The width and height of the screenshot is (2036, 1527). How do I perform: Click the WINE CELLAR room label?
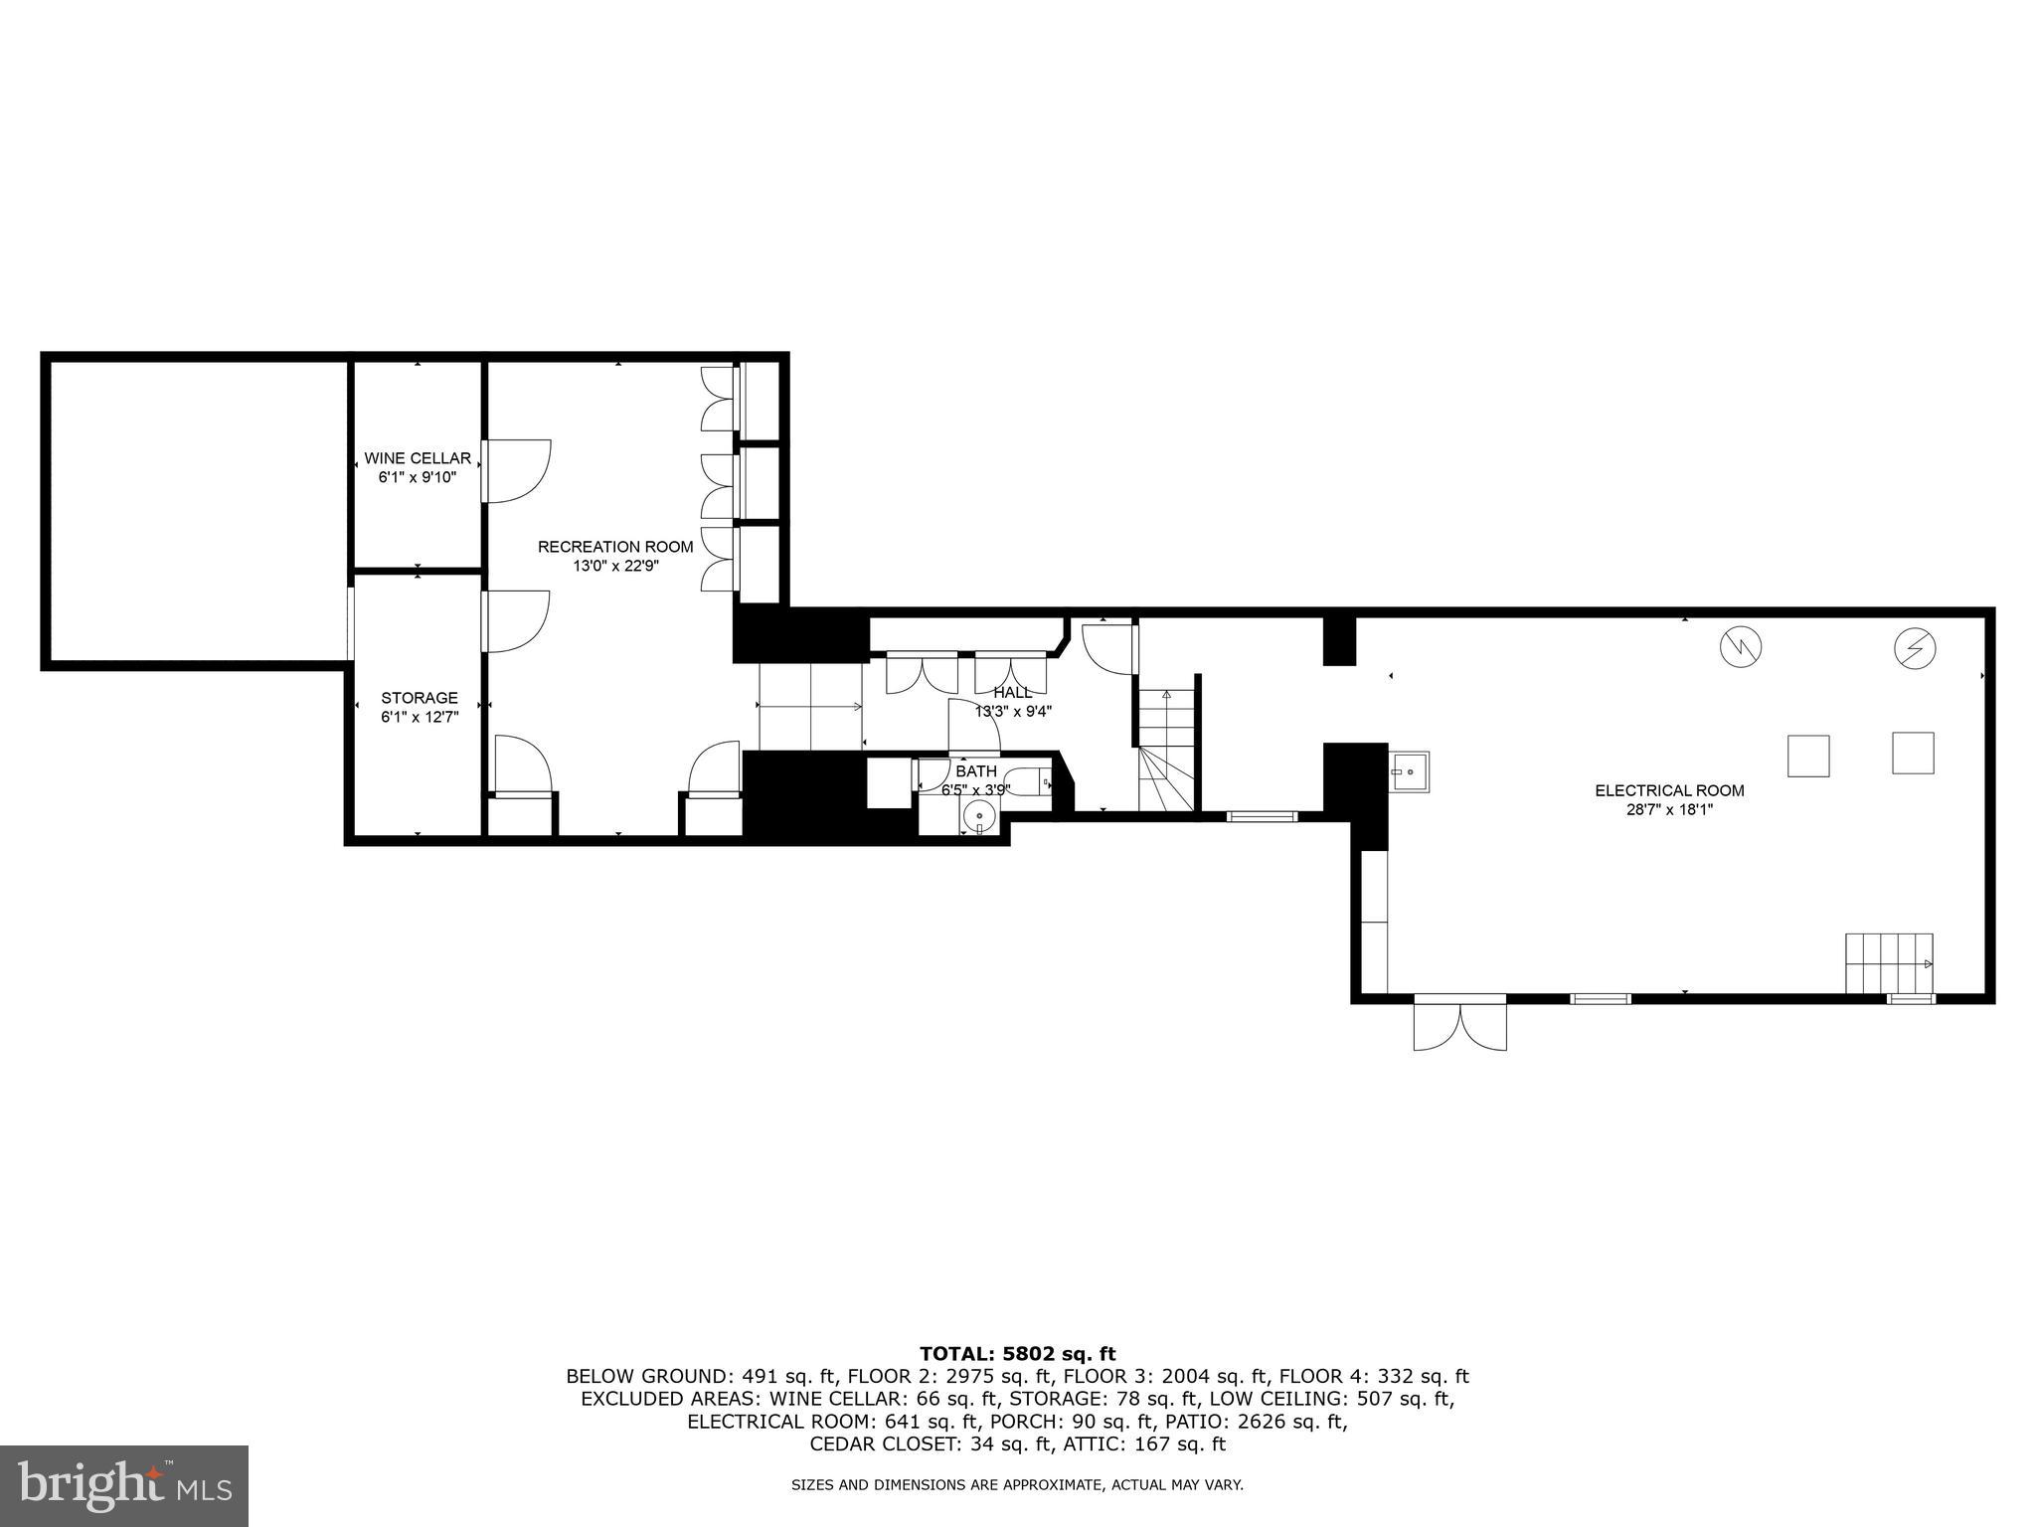pos(418,458)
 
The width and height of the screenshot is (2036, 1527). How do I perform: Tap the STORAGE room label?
pos(420,698)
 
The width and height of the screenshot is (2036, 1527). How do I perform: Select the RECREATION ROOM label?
pos(615,547)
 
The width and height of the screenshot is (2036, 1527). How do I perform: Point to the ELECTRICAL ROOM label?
pos(1669,790)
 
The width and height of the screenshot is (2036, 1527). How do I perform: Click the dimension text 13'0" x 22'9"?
pos(615,566)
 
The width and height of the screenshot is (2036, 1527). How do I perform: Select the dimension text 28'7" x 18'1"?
pos(1669,809)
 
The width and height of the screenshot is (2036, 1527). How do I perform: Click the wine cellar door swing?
pos(517,470)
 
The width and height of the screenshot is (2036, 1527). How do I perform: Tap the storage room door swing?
pos(517,621)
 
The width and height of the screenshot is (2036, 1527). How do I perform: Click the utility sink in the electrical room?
pos(1409,771)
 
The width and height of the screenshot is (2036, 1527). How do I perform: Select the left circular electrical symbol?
pos(1740,648)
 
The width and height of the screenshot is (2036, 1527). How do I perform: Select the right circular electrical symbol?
pos(1914,648)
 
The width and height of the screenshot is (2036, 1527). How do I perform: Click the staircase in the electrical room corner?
pos(1889,962)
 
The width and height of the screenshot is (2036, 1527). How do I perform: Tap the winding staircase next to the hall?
pos(1167,751)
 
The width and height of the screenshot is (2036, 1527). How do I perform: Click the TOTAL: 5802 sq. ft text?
pos(1017,1353)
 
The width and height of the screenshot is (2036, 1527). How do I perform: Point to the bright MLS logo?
pos(124,1486)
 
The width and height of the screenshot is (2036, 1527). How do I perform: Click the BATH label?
pos(975,771)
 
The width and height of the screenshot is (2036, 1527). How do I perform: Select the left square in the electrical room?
pos(1808,756)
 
